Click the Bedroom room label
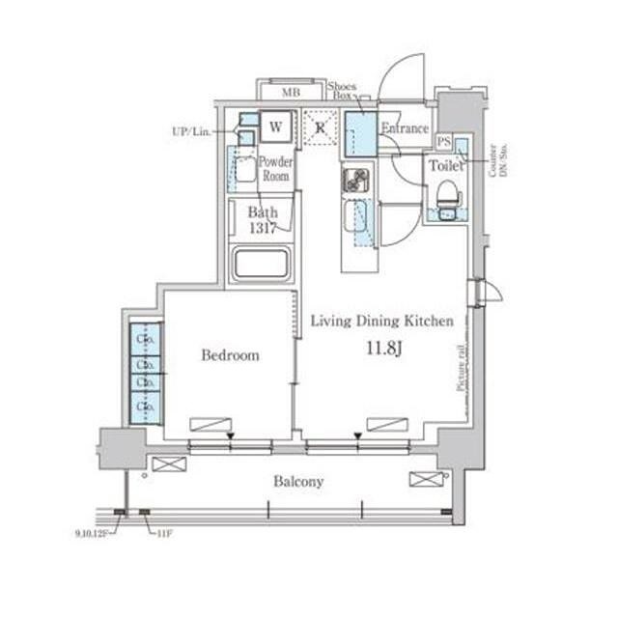[x=230, y=356]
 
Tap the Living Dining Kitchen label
[x=381, y=322]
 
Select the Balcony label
[x=297, y=481]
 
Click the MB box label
[x=290, y=94]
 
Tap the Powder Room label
[x=276, y=169]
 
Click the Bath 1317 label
[x=263, y=220]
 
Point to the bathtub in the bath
[x=261, y=264]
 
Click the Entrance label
[x=405, y=128]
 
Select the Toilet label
[x=446, y=166]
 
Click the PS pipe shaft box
[x=443, y=142]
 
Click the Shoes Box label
[x=343, y=91]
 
